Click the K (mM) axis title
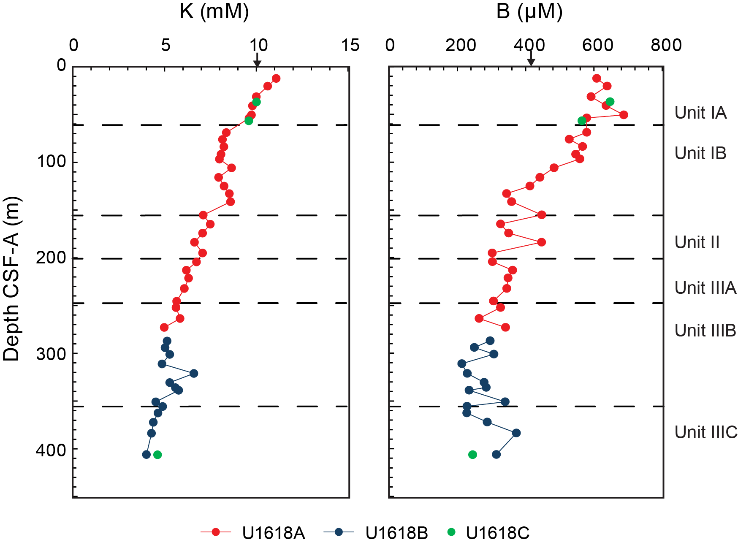click(214, 11)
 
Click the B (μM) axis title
click(529, 11)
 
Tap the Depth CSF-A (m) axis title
click(11, 279)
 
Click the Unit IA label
click(700, 113)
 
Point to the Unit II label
click(697, 242)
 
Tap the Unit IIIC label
click(706, 432)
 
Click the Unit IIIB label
click(705, 330)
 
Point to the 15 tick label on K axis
click(350, 45)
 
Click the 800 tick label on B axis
click(666, 45)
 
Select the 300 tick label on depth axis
click(51, 354)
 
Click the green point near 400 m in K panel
click(157, 455)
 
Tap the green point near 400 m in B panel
click(472, 455)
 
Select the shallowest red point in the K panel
click(276, 79)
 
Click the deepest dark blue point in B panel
click(497, 455)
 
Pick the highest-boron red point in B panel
click(624, 115)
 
